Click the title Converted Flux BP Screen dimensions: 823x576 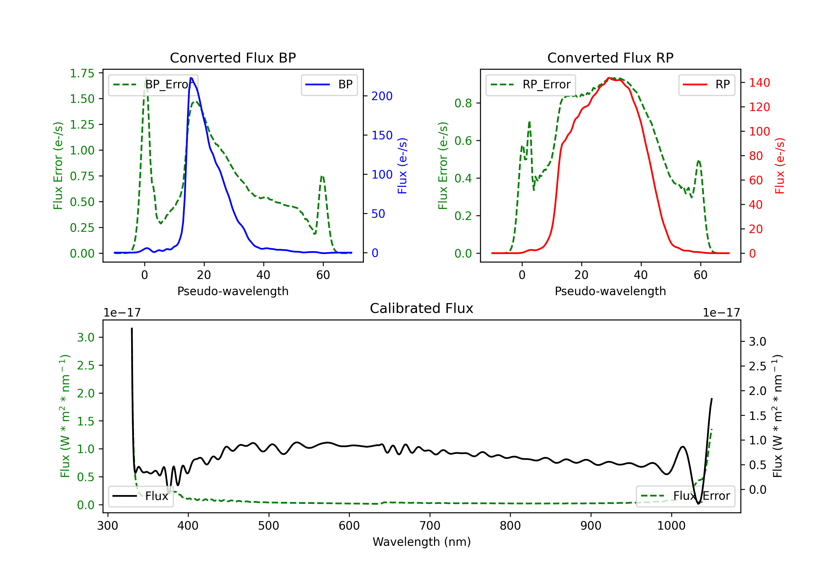click(233, 58)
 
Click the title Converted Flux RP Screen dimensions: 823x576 click(610, 58)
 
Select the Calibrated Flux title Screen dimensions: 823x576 click(422, 308)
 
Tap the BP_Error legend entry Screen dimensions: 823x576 click(153, 84)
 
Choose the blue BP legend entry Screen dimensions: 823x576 click(329, 84)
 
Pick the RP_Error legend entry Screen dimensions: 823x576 click(531, 84)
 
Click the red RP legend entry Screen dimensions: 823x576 click(706, 84)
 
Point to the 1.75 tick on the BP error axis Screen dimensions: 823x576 click(82, 73)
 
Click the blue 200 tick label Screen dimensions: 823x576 click(382, 96)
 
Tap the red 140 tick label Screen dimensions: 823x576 click(760, 83)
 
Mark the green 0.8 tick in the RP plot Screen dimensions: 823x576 click(463, 103)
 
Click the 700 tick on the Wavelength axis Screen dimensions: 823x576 click(430, 526)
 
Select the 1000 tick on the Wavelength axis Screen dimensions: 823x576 click(671, 526)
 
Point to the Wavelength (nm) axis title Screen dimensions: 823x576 click(422, 542)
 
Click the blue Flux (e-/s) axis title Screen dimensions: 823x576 click(402, 166)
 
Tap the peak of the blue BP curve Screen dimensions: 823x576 click(191, 78)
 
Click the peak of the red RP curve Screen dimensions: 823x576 click(609, 78)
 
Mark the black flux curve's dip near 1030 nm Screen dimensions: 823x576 click(698, 504)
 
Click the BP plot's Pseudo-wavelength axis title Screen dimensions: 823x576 click(233, 291)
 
